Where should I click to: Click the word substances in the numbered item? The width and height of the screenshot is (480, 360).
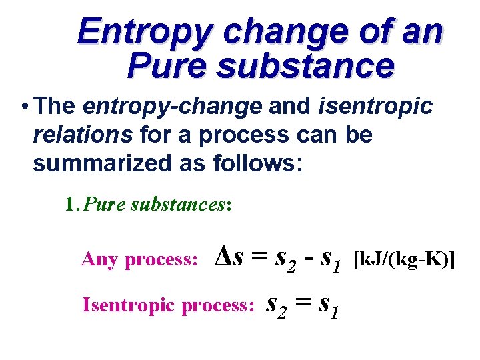pos(178,204)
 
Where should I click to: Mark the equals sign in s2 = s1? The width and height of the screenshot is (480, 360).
pos(305,303)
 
